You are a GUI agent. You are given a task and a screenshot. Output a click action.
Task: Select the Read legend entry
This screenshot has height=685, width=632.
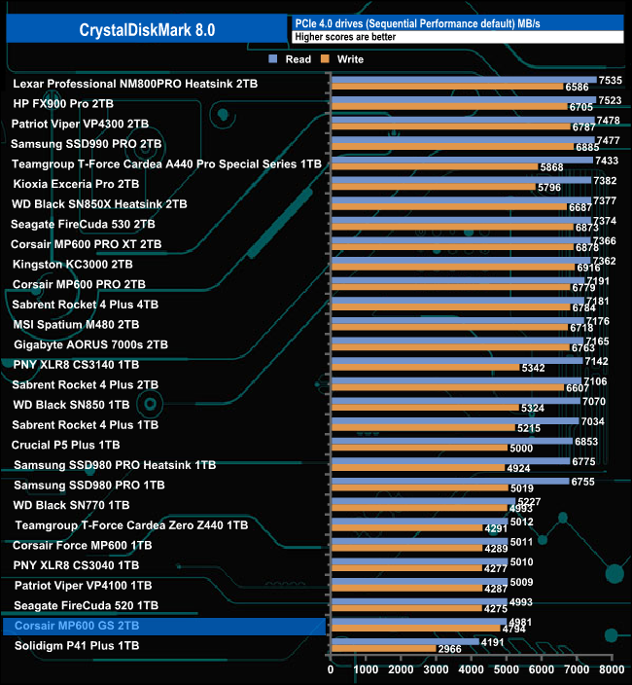[291, 59]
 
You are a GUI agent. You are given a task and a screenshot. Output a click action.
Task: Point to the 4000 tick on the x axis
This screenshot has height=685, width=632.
[472, 669]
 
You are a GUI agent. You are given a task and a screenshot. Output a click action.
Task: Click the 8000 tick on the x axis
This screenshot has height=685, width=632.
[611, 669]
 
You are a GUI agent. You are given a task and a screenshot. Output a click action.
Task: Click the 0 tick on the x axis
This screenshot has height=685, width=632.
[332, 669]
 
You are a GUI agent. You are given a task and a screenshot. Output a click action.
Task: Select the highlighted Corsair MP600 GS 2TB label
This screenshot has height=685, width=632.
[78, 625]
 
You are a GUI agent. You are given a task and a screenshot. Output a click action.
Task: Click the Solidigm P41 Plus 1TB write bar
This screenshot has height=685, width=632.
[383, 648]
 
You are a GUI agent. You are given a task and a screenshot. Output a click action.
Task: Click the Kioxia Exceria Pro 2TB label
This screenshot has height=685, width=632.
[76, 183]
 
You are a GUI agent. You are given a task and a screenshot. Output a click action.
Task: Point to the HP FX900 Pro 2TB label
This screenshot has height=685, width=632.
[62, 102]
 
